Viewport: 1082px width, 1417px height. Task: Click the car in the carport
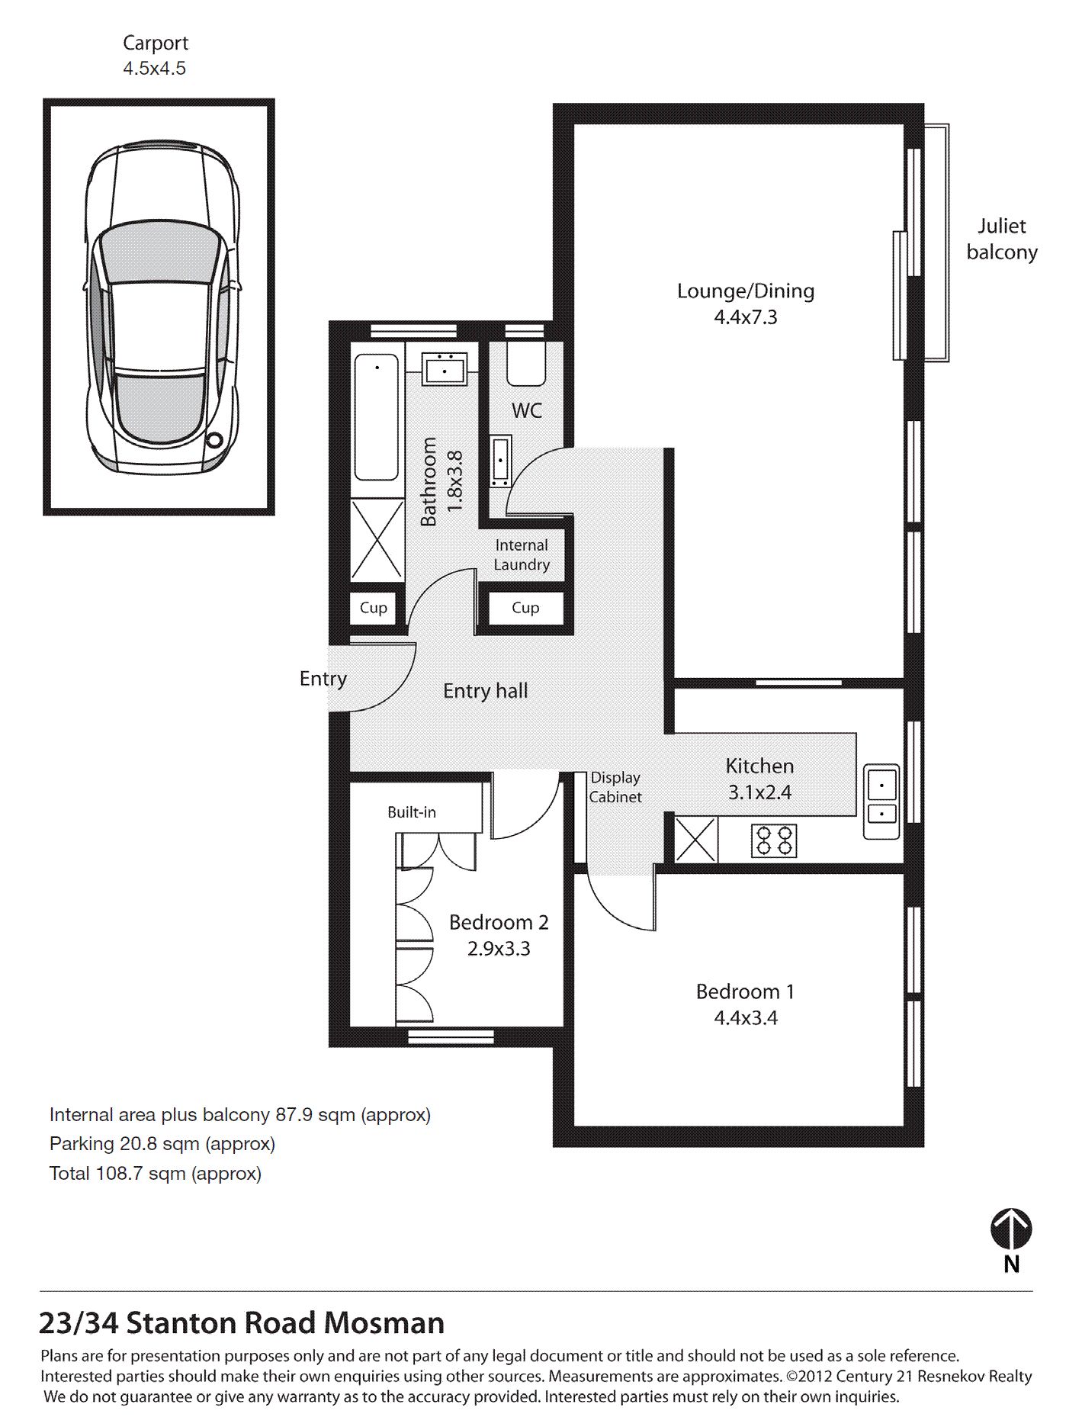coord(160,305)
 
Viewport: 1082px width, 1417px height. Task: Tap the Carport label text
coord(156,43)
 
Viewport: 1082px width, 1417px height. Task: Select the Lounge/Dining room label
coord(746,291)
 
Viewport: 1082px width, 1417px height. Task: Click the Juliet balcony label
coord(1002,239)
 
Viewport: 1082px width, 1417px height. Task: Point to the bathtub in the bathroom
coord(376,417)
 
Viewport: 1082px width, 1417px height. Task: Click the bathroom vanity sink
coord(445,369)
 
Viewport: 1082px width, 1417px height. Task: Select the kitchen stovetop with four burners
coord(774,840)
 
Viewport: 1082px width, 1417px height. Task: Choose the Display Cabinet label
coord(615,787)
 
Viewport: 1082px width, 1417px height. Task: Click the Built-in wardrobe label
coord(412,812)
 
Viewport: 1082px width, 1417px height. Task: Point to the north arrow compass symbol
coord(1011,1229)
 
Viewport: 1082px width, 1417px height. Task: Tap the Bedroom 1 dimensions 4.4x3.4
coord(746,1018)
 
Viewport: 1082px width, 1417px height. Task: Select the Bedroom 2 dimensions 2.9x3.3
coord(499,949)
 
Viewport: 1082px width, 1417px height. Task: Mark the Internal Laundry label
coord(522,555)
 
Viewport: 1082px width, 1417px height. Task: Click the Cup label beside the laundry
coord(525,608)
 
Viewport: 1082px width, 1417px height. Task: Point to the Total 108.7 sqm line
coord(156,1173)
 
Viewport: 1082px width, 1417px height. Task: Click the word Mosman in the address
coord(384,1322)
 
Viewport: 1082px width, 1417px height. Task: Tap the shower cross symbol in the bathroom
coord(377,541)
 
